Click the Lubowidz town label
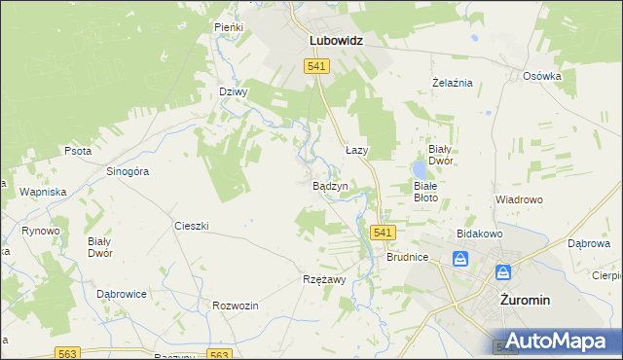click(x=336, y=41)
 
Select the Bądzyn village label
click(x=330, y=185)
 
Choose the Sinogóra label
click(x=127, y=171)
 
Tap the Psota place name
click(x=78, y=152)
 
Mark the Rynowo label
click(x=41, y=231)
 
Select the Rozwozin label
click(x=235, y=306)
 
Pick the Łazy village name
click(x=356, y=152)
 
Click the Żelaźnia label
click(x=452, y=83)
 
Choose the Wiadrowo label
click(x=518, y=199)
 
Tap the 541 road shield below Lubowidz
click(x=316, y=66)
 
